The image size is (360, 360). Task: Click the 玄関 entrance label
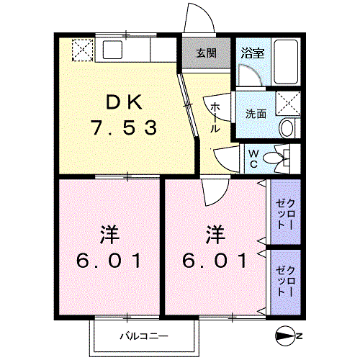click(x=207, y=53)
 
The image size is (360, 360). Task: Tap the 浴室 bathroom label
click(x=253, y=53)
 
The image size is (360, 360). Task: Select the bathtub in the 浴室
click(x=286, y=61)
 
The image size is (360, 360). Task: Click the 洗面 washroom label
click(x=256, y=114)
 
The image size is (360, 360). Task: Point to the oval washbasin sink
click(x=287, y=128)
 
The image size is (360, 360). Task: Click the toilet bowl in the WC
click(x=274, y=158)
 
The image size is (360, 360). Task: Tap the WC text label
click(x=253, y=158)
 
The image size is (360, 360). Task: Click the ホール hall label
click(x=215, y=117)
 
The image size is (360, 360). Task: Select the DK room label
click(x=124, y=102)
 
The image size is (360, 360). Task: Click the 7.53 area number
click(x=124, y=127)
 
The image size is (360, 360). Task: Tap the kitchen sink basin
click(x=112, y=50)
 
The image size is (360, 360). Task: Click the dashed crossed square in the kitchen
click(x=83, y=50)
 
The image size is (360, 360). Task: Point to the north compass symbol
click(x=286, y=336)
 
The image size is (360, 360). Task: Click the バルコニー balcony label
click(x=144, y=336)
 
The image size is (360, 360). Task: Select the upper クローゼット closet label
click(x=285, y=215)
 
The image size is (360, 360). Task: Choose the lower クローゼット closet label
click(x=285, y=281)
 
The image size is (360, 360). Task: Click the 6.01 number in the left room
click(x=109, y=261)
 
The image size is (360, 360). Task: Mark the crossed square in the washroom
click(x=288, y=104)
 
